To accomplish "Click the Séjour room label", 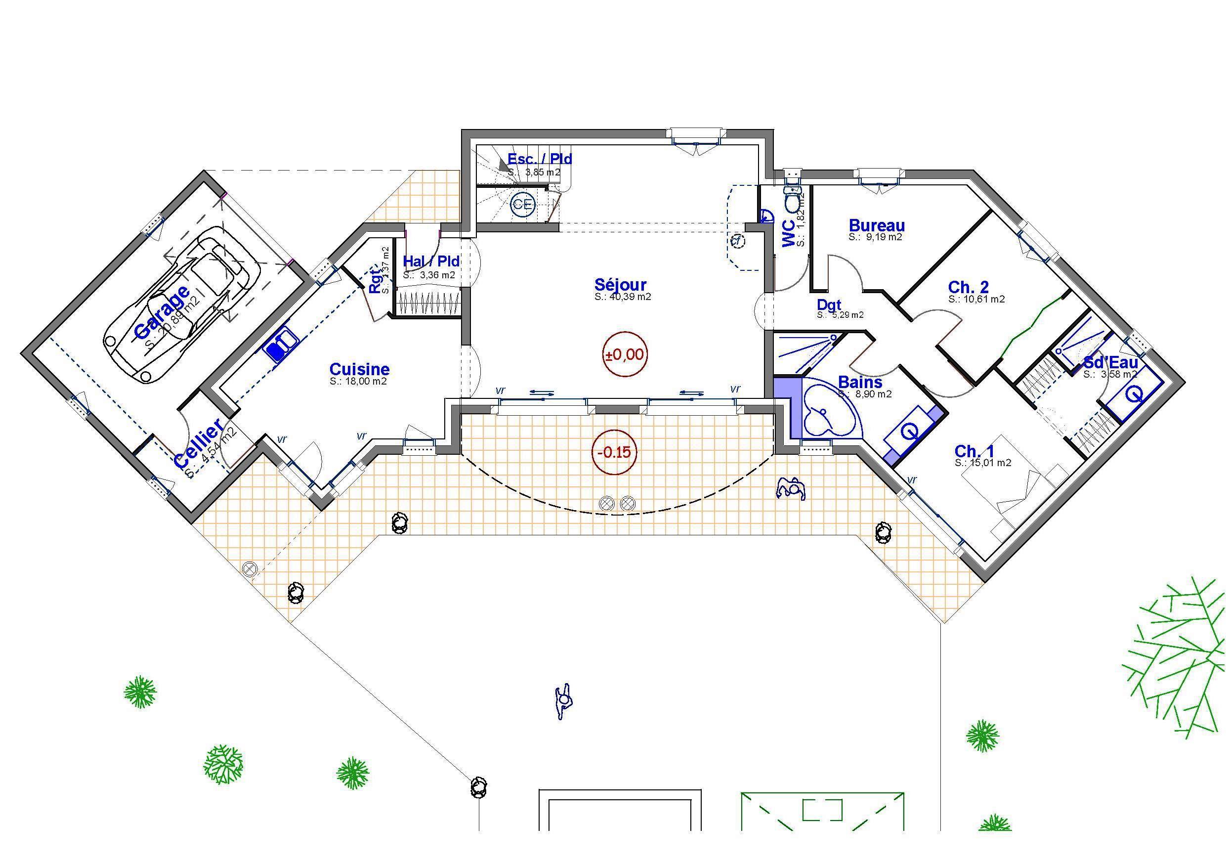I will (x=621, y=284).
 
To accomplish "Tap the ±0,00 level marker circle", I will (x=624, y=355).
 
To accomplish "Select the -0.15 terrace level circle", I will (x=614, y=452).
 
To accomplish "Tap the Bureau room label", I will (x=877, y=225).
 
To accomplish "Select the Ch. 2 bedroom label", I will (x=968, y=287).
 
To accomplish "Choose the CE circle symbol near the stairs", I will (x=523, y=204).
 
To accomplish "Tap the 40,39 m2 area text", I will (x=623, y=297).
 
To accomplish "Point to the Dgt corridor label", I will (x=829, y=304).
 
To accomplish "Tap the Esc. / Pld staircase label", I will (x=539, y=159).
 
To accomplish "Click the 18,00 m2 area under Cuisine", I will (x=358, y=382).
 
